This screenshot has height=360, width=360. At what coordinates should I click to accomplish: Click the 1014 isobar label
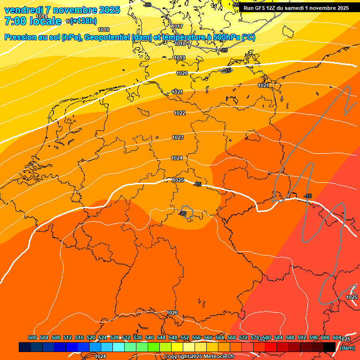(42, 16)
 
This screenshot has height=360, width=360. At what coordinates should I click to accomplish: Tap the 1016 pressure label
(104, 30)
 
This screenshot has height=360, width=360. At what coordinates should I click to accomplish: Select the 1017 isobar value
(177, 26)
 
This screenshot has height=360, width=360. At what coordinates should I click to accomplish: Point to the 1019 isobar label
(180, 58)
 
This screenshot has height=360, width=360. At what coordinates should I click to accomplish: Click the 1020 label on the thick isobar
(182, 73)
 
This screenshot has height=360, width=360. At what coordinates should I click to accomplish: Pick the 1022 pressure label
(180, 113)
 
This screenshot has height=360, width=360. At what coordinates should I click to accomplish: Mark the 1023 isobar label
(178, 137)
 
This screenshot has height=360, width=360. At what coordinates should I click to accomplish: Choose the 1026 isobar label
(172, 313)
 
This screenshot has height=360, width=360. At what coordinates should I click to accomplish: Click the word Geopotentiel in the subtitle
(107, 37)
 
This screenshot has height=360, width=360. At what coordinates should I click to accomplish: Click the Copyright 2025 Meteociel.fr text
(199, 357)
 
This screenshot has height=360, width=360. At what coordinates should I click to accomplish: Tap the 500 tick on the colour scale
(32, 337)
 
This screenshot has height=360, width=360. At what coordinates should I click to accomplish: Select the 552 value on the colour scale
(185, 337)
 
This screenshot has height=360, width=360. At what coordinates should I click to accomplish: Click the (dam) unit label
(347, 348)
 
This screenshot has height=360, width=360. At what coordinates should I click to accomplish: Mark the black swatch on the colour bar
(330, 347)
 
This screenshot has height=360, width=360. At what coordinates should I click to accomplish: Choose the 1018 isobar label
(180, 44)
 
